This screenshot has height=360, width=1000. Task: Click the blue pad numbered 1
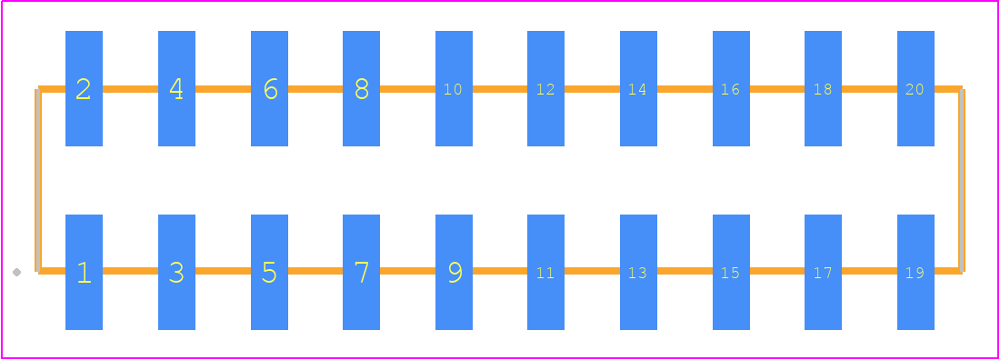tap(85, 272)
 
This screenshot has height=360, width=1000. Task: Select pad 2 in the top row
tap(85, 89)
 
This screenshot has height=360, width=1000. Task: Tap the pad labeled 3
tap(176, 272)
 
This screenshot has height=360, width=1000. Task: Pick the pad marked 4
tap(176, 89)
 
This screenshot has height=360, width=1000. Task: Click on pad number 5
tap(269, 272)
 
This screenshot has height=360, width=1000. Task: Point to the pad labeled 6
tap(269, 89)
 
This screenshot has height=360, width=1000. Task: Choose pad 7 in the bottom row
tap(361, 272)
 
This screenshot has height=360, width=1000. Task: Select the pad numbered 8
tap(361, 89)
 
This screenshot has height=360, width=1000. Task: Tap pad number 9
tap(454, 272)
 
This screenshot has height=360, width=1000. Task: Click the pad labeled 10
tap(454, 89)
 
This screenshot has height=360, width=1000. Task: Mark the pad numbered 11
tap(546, 272)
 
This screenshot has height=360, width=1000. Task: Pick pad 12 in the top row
tap(546, 89)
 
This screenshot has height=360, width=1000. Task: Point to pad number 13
tap(638, 272)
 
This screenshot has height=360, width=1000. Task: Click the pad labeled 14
tap(638, 89)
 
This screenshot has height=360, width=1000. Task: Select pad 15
tap(731, 272)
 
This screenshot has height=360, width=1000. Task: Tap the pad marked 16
tap(731, 89)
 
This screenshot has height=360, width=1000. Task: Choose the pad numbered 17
tap(823, 272)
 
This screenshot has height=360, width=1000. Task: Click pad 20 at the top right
tap(915, 89)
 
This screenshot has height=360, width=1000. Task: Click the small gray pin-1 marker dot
tap(16, 273)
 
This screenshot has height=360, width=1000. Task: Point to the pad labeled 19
tap(915, 272)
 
